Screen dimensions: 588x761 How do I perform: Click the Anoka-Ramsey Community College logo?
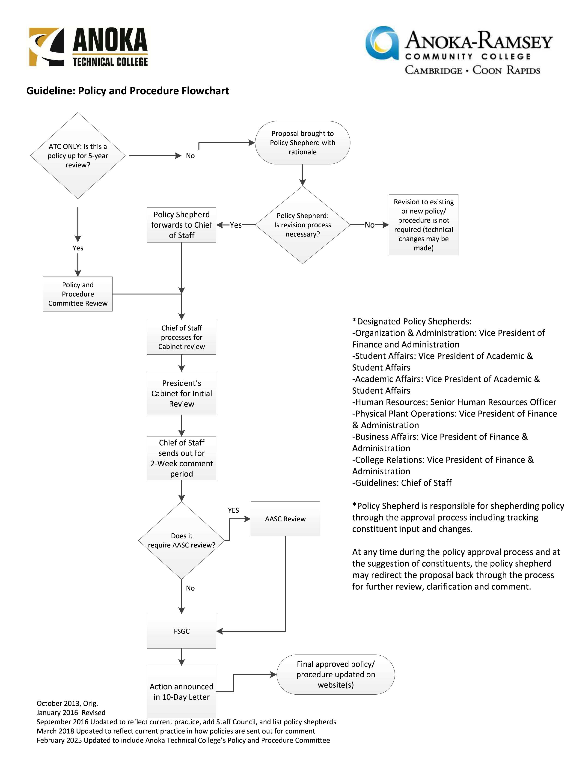pos(459,51)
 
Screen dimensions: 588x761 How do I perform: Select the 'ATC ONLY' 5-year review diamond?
pos(78,156)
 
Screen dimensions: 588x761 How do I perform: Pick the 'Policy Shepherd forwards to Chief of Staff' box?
pos(181,225)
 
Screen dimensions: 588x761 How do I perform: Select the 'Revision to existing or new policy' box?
pos(424,225)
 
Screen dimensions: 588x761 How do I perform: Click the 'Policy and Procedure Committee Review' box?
pos(78,294)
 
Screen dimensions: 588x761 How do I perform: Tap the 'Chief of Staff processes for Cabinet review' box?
pos(181,337)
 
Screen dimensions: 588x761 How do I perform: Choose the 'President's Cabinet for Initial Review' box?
pos(181,393)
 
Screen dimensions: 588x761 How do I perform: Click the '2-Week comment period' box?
pos(181,458)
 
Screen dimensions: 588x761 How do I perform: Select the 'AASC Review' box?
pos(285,519)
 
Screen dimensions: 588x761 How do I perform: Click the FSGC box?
pos(181,631)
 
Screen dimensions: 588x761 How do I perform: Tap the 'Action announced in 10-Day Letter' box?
pos(181,692)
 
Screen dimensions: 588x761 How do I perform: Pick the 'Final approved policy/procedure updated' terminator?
pos(336,675)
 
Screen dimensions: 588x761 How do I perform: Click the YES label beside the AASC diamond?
pos(233,510)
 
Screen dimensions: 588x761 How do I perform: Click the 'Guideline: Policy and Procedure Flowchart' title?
pos(128,91)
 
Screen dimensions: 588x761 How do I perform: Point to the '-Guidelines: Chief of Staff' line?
pos(402,483)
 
